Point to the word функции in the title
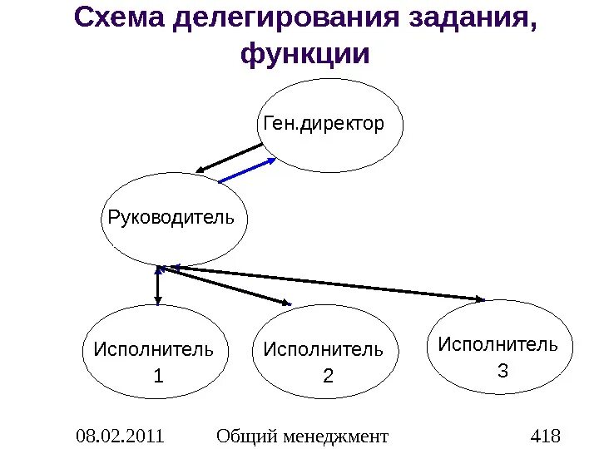(304, 54)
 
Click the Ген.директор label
(324, 125)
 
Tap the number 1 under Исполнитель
(157, 376)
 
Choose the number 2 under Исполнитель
(327, 376)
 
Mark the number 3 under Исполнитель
(502, 368)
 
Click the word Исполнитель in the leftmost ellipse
(153, 349)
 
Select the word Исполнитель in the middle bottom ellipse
(324, 349)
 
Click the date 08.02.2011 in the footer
(119, 436)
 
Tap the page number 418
(545, 436)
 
